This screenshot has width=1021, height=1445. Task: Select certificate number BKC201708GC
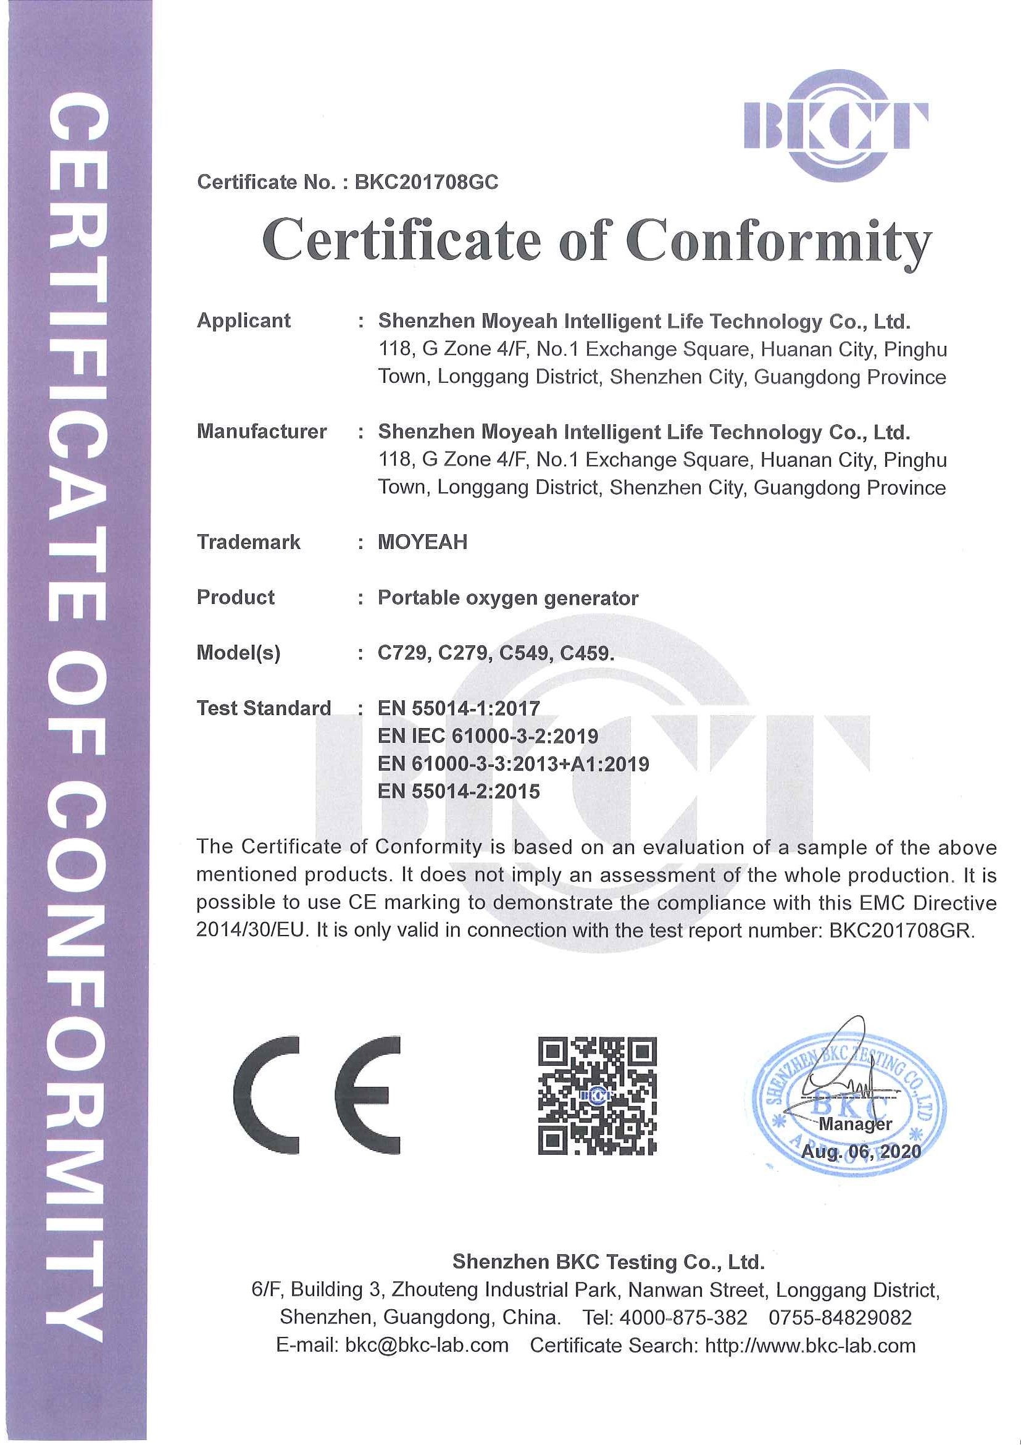coord(426,182)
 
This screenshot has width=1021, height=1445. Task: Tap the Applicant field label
coord(243,320)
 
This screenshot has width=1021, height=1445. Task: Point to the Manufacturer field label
coord(261,431)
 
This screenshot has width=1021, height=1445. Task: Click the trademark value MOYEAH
coord(422,542)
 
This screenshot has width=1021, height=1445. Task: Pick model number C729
coord(402,653)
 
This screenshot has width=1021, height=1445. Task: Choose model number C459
coord(585,653)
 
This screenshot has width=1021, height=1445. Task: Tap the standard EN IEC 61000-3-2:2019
coord(488,735)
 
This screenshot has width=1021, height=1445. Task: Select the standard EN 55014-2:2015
coord(458,791)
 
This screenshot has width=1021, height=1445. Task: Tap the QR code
coord(597,1095)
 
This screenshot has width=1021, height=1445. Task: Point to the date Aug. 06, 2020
coord(860,1152)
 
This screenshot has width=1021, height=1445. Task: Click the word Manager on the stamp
coord(855,1123)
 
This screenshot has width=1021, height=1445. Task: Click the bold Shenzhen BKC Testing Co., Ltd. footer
coord(608,1261)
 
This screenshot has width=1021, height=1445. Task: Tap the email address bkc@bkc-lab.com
coord(427,1345)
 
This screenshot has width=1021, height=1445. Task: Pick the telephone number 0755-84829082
coord(840,1317)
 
